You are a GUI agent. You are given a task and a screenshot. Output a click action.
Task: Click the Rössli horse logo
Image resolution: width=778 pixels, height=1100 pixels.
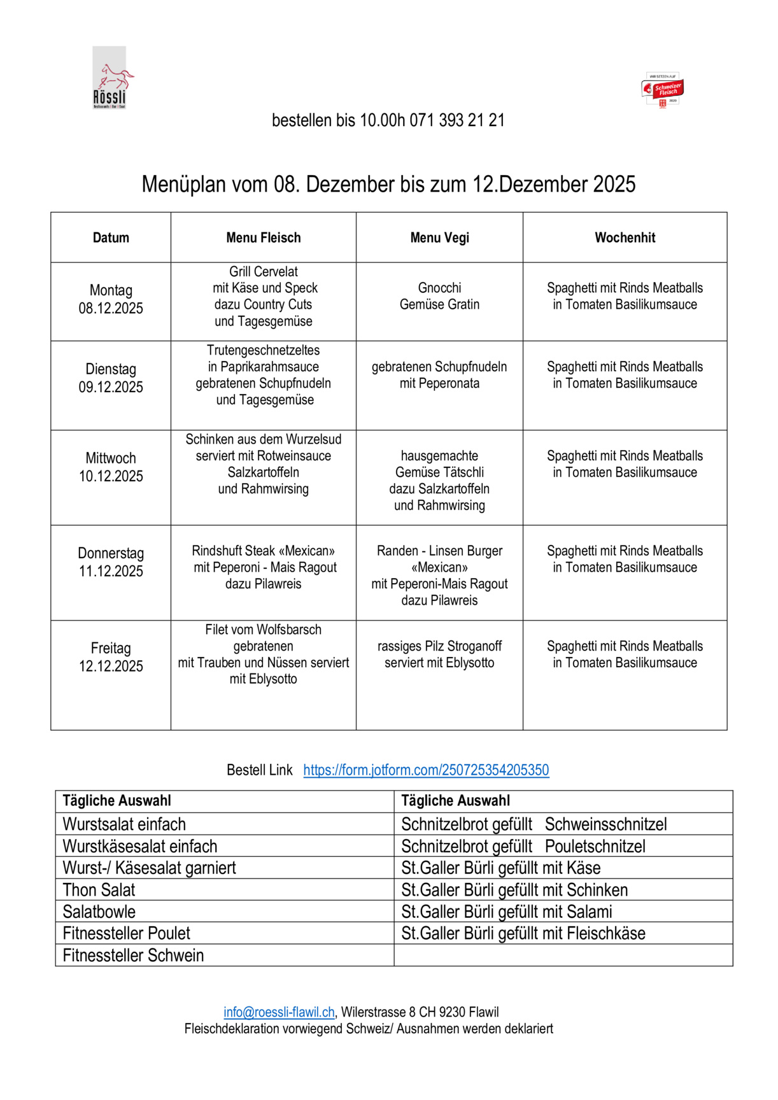(110, 78)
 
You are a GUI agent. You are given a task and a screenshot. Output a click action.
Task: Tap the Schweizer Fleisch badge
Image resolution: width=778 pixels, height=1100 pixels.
(663, 89)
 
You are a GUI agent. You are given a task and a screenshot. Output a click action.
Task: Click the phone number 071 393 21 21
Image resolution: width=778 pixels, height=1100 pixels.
(457, 120)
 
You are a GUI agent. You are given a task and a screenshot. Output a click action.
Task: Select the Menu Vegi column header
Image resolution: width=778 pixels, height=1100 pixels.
(439, 237)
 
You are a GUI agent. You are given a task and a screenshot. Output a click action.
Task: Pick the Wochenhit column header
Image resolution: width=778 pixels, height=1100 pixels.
(625, 237)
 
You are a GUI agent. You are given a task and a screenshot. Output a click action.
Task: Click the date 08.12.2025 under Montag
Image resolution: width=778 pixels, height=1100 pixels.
(111, 309)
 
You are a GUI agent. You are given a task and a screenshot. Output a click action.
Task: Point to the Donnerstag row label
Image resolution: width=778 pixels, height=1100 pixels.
(111, 553)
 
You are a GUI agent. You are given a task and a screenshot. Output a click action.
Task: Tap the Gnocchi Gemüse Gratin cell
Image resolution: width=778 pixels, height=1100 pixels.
(439, 296)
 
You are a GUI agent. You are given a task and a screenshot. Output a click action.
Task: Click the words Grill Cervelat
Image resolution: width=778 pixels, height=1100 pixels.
(264, 272)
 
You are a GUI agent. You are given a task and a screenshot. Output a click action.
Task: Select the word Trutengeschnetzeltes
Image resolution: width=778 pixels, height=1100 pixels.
(264, 350)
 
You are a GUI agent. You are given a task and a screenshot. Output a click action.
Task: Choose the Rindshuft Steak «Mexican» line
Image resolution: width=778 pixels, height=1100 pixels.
(264, 551)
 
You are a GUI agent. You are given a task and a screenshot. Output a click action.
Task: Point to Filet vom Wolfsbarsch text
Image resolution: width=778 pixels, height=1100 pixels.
(264, 630)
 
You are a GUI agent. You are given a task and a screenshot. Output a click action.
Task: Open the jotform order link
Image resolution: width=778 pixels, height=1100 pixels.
(426, 770)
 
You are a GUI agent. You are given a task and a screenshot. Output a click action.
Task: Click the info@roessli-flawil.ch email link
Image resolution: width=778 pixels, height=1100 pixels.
(279, 1012)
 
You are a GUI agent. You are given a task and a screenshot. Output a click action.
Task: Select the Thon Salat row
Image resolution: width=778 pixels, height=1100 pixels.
(99, 890)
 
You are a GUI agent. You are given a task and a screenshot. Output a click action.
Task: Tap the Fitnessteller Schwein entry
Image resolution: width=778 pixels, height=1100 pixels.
(133, 955)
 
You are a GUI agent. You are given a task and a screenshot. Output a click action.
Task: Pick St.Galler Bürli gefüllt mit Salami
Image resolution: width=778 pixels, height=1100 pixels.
(507, 912)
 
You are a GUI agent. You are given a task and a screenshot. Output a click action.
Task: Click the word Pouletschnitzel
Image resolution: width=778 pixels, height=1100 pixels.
(595, 846)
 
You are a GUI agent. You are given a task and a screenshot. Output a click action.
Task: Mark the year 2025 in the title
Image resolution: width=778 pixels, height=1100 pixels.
(614, 185)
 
